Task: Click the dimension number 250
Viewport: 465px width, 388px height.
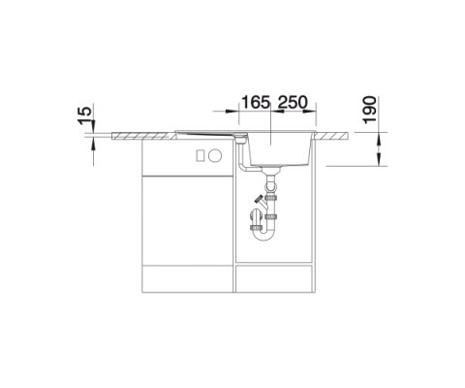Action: point(294,102)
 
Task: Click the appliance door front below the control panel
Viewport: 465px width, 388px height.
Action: point(184,218)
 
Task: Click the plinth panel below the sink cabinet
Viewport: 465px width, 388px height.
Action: point(276,278)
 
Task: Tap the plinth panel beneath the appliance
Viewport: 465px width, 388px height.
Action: point(184,278)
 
